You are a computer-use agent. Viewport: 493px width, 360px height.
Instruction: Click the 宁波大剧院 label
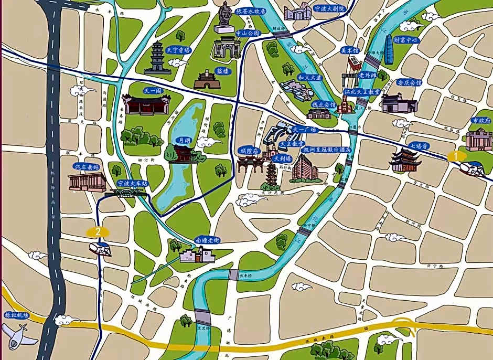click(329, 9)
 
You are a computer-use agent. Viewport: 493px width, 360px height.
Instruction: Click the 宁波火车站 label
click(132, 183)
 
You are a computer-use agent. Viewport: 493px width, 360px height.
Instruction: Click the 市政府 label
click(481, 120)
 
